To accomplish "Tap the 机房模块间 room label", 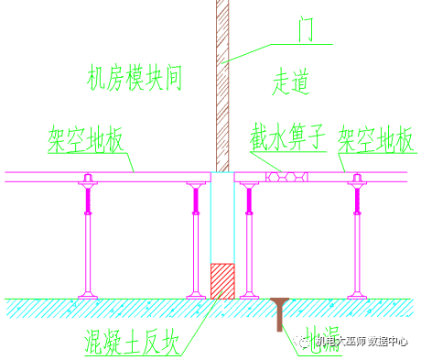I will (135, 77).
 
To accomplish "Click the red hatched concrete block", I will (222, 281).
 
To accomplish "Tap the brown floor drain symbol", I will (277, 311).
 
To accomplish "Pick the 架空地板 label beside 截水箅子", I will (377, 140).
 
